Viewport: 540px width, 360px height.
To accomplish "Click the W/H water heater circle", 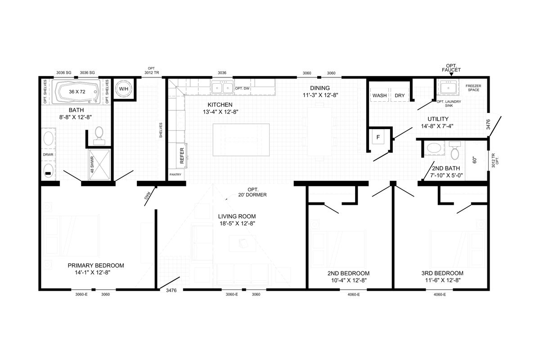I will pyautogui.click(x=123, y=89).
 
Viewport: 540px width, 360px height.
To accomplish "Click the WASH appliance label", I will pyautogui.click(x=379, y=96).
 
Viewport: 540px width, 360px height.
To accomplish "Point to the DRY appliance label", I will pyautogui.click(x=400, y=96).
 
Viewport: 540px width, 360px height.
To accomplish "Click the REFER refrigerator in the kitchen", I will pyautogui.click(x=182, y=154).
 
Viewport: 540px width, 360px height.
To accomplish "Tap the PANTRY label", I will pyautogui.click(x=175, y=174).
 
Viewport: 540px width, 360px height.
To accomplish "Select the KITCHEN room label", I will pyautogui.click(x=220, y=104).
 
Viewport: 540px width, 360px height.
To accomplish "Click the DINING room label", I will pyautogui.click(x=319, y=88).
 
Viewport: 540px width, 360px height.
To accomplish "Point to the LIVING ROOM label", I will pyautogui.click(x=237, y=216).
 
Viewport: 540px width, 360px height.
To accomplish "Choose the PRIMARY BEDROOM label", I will pyautogui.click(x=95, y=265).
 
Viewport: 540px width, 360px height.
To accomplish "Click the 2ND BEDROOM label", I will pyautogui.click(x=348, y=273).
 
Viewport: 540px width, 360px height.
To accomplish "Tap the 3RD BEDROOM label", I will pyautogui.click(x=442, y=273).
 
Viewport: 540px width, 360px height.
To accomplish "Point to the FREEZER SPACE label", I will pyautogui.click(x=473, y=88).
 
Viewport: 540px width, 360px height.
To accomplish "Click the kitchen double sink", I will pyautogui.click(x=222, y=88).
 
